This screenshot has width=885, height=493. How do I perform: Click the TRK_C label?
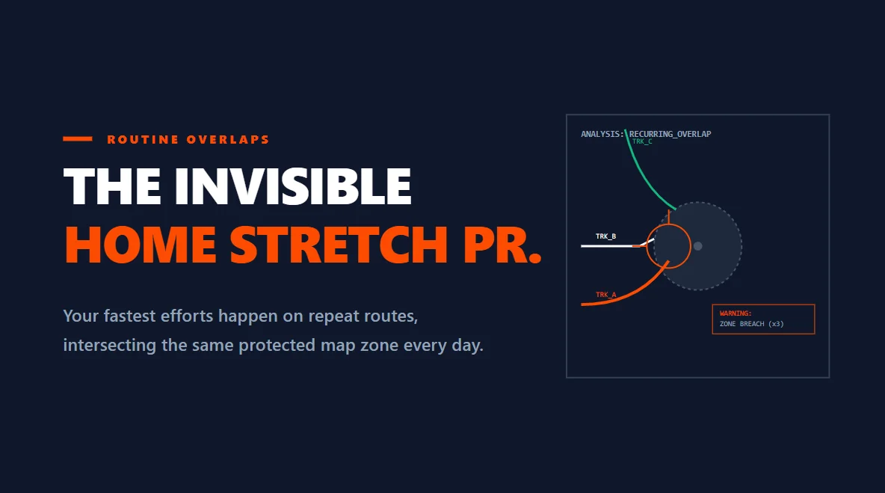click(x=642, y=141)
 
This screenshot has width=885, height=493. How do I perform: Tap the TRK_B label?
click(x=605, y=236)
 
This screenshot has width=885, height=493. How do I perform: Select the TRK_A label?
click(x=605, y=295)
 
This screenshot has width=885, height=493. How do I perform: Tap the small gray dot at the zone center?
click(x=697, y=246)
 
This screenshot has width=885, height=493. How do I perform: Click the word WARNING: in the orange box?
click(x=736, y=313)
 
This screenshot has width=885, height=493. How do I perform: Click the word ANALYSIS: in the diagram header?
click(x=602, y=135)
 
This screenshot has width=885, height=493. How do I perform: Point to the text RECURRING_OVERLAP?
click(x=670, y=135)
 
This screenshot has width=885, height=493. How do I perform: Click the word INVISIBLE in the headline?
click(x=293, y=186)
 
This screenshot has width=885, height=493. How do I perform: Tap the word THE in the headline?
click(x=113, y=186)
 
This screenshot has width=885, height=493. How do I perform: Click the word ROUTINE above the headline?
click(x=143, y=139)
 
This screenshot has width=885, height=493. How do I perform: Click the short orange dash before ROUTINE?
click(x=78, y=139)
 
